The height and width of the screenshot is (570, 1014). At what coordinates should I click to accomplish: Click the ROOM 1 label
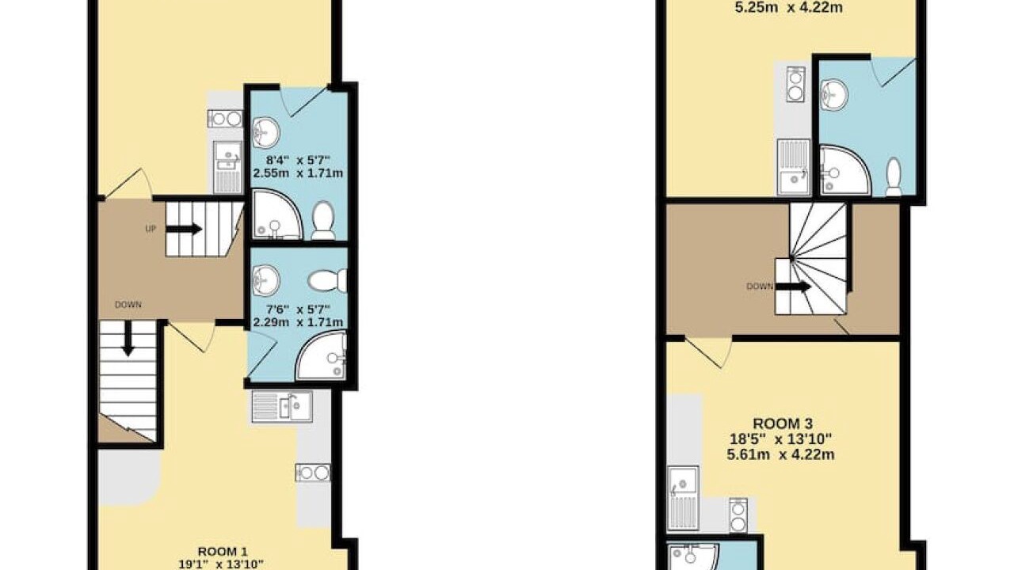click(223, 552)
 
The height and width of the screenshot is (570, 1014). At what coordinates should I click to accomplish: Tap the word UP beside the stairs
click(151, 229)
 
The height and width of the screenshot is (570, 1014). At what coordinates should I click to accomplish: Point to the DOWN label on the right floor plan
click(760, 287)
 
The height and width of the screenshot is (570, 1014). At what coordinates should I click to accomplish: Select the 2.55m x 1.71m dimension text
click(298, 173)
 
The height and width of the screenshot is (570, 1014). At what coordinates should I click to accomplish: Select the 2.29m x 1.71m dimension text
click(298, 322)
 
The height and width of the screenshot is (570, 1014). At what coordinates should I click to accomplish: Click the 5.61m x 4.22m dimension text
click(781, 454)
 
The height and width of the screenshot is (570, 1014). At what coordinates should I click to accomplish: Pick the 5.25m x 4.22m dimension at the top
click(788, 8)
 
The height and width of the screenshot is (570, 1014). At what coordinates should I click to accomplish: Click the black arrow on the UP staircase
click(184, 229)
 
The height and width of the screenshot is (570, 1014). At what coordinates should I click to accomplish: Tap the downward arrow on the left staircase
click(128, 338)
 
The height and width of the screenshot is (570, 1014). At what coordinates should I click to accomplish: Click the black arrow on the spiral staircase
click(793, 287)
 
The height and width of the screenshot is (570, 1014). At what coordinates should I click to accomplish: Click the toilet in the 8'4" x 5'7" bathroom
click(323, 220)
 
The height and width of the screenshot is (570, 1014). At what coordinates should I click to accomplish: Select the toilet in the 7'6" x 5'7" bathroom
click(328, 281)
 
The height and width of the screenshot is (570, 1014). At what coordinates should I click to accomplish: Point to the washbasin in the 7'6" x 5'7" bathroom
click(266, 280)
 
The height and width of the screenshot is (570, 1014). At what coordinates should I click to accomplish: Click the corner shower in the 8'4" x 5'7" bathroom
click(277, 215)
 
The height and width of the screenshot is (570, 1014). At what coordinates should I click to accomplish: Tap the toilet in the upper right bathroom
click(893, 177)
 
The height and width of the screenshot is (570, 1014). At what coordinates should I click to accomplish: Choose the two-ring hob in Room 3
click(738, 515)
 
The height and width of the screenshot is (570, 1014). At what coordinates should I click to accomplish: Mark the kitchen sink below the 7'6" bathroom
click(282, 406)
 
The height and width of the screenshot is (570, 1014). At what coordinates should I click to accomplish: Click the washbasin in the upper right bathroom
click(834, 95)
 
